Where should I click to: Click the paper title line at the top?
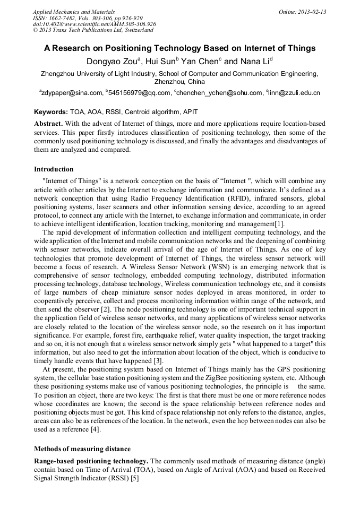click(179, 48)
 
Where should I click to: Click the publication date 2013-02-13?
click(313, 12)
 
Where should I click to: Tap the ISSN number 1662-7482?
click(63, 18)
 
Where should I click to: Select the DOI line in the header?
click(95, 24)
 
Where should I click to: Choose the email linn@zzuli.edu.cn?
click(295, 93)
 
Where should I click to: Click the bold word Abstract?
click(48, 123)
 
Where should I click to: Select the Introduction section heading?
click(54, 169)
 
